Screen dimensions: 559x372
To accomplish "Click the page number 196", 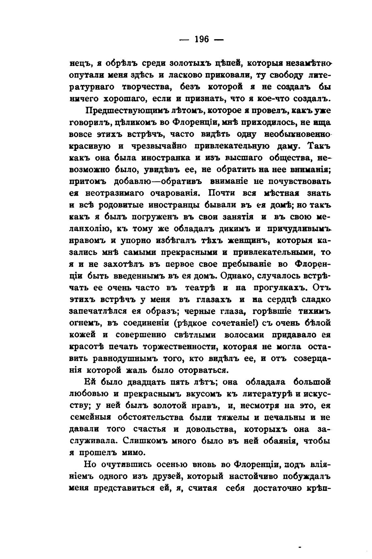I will [x=201, y=39].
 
